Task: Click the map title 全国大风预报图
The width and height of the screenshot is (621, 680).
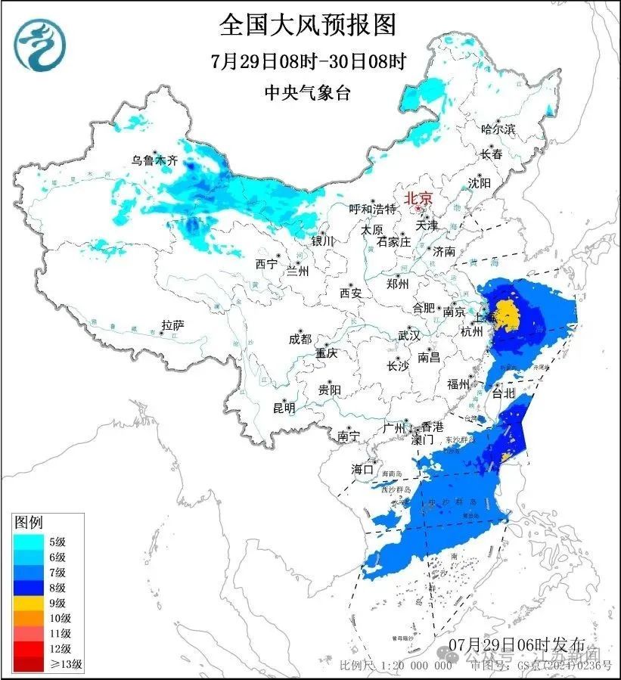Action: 309,26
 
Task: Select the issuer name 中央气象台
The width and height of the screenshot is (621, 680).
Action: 309,93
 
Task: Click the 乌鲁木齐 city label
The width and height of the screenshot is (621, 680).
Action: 154,160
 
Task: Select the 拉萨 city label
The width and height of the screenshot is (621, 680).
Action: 172,325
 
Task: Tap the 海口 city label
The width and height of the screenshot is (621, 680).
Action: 363,469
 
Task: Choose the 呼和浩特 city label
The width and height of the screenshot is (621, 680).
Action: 372,209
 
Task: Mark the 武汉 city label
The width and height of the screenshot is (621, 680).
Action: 409,336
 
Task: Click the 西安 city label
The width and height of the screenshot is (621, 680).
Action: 351,292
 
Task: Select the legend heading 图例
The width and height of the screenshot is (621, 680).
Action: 29,522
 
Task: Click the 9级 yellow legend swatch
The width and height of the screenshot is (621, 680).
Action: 29,603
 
